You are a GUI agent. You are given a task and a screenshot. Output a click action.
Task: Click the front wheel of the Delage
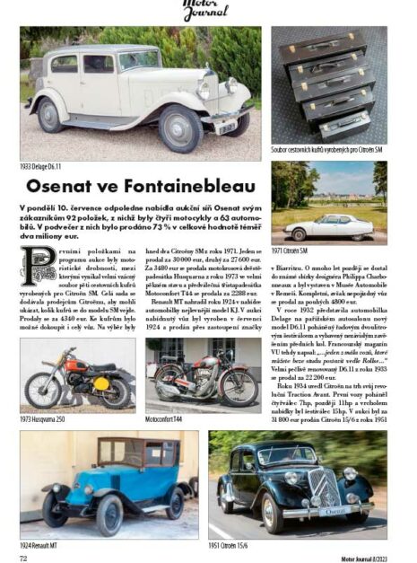tap(187, 128)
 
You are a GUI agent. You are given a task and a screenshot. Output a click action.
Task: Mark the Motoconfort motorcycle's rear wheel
tap(165, 388)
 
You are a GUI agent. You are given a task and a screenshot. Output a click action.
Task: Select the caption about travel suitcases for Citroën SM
tap(328, 150)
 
